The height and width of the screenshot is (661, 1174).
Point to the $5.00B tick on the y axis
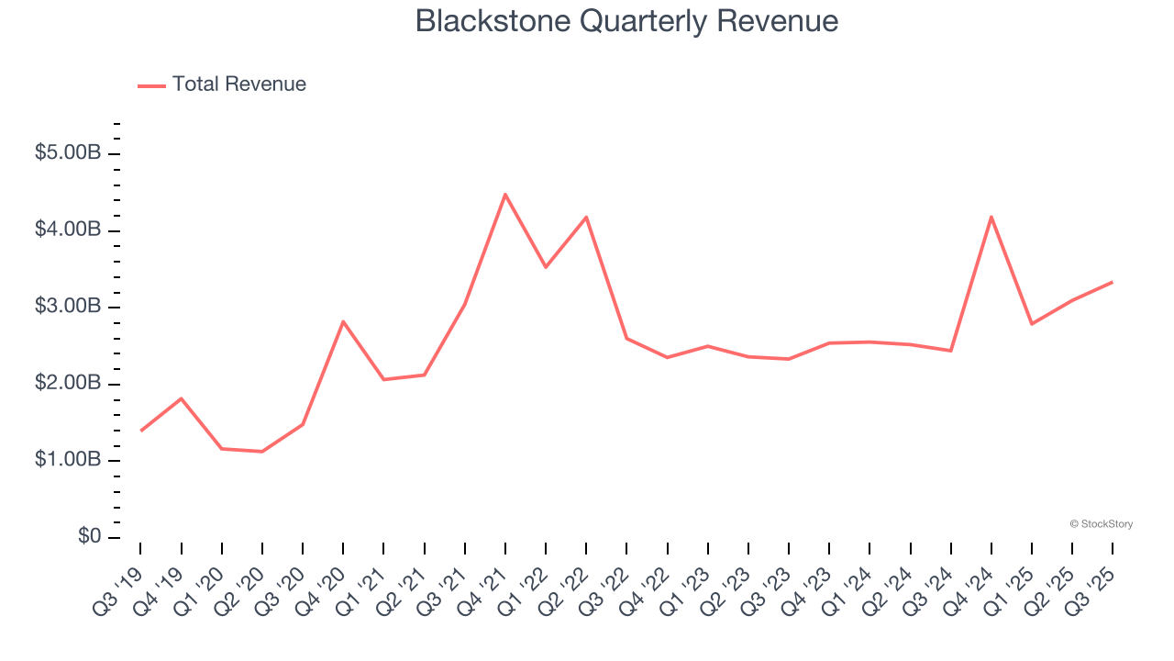point(68,153)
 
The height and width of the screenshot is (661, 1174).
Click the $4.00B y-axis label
point(68,230)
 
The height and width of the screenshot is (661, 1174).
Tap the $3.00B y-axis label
point(68,307)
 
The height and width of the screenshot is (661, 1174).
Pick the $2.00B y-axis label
point(68,384)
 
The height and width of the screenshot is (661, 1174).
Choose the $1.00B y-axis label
point(68,460)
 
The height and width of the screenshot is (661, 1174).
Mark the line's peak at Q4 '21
point(505,195)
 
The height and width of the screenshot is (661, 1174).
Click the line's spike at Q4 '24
point(991,217)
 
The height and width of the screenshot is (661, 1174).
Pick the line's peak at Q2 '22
point(586,218)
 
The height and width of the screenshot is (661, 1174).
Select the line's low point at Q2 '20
point(262,452)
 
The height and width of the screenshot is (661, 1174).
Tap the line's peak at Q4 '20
point(343,321)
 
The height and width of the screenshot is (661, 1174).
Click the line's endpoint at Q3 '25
point(1113,282)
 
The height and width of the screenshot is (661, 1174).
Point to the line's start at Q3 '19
point(141,431)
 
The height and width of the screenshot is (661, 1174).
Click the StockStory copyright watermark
point(1101,524)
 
